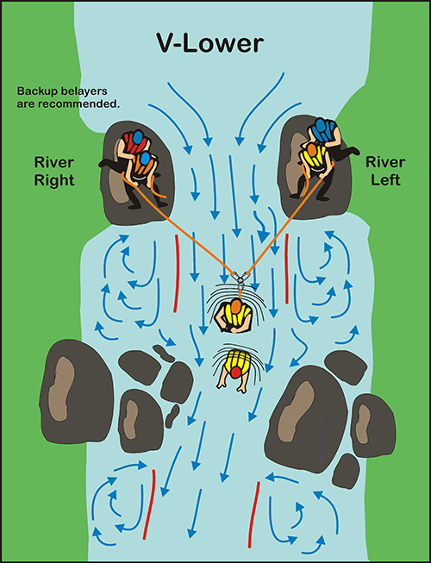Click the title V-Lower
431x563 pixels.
210,43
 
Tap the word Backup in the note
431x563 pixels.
37,91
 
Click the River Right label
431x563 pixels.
54,171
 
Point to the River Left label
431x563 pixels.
385,171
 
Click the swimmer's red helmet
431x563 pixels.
236,372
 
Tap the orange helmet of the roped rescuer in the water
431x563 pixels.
235,306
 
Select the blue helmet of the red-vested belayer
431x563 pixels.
138,137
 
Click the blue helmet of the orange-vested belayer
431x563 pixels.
145,159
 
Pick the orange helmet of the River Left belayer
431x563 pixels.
312,149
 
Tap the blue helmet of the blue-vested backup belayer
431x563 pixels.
319,127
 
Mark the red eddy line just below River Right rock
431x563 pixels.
177,273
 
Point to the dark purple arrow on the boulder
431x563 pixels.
322,438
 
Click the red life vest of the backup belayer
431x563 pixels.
133,144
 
